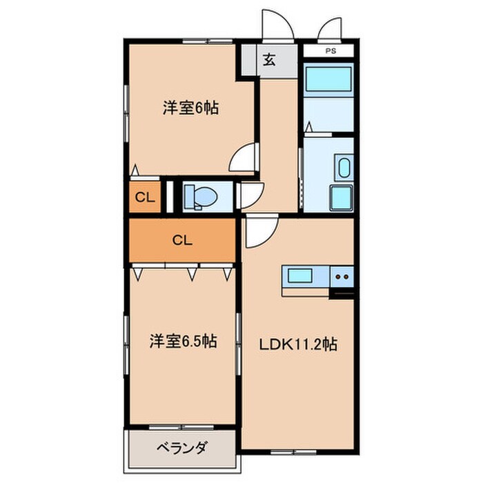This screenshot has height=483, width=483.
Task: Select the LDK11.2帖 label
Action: point(298,344)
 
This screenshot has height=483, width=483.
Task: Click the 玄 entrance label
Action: point(268,59)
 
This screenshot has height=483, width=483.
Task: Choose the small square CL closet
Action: point(144,197)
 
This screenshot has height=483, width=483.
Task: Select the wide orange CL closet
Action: point(182,240)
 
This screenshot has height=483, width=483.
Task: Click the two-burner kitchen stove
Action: point(342,277)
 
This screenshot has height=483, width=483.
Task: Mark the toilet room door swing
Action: point(249,196)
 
